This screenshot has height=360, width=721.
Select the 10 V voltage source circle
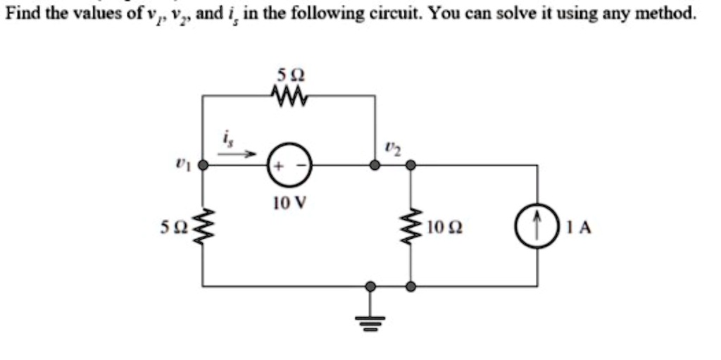pyautogui.click(x=289, y=166)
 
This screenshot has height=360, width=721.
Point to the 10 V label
pyautogui.click(x=289, y=204)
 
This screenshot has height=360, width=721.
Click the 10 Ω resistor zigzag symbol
pyautogui.click(x=410, y=227)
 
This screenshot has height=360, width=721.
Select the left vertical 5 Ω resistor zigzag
pyautogui.click(x=203, y=227)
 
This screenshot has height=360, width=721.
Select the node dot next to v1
pyautogui.click(x=203, y=166)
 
